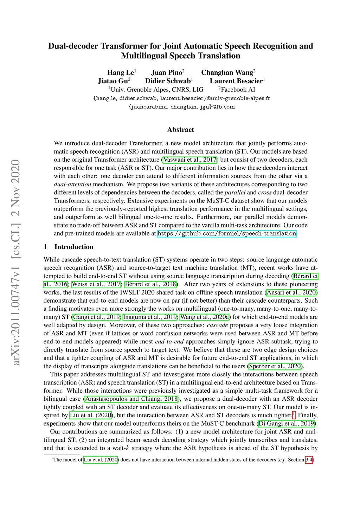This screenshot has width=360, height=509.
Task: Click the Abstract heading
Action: pos(180,130)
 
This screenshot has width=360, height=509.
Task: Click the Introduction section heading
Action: pos(74,247)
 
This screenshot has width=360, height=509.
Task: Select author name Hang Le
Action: pos(120,73)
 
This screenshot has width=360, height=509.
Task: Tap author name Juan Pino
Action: pos(167,73)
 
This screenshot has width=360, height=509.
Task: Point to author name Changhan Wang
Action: pos(227,73)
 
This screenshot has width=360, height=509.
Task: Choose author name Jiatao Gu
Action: pos(112,81)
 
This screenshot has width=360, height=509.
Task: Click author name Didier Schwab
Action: pos(168,81)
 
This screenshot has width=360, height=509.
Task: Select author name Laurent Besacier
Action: pos(236,81)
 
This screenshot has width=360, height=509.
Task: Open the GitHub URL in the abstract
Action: pos(227,234)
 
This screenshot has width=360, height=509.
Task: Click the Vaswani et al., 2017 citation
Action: pos(190,160)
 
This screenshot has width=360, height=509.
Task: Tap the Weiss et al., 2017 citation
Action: pos(96,284)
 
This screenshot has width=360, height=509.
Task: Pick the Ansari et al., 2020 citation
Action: pos(291,292)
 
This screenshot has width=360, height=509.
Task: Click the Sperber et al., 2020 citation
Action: pos(275,366)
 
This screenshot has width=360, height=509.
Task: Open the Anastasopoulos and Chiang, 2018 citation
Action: pos(131,399)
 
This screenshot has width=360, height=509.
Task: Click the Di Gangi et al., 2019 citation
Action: pos(287,424)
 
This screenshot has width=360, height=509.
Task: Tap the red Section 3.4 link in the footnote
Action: pos(309,460)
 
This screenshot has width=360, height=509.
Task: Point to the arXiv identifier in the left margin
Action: pos(16,262)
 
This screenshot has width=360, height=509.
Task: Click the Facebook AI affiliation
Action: pos(238,90)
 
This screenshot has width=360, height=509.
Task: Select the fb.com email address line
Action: pos(181,107)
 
